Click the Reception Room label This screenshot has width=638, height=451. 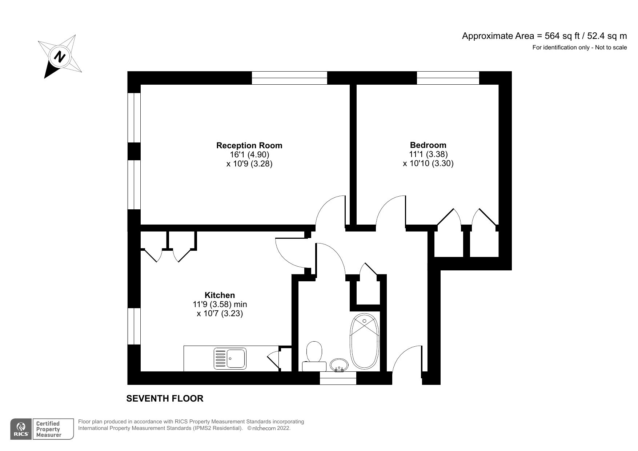(x=249, y=145)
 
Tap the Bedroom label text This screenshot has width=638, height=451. (x=428, y=145)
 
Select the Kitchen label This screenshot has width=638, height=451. (x=220, y=295)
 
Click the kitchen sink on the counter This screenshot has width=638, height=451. (x=230, y=358)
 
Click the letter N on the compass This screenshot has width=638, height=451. (x=60, y=56)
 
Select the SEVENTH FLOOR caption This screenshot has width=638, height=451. (x=165, y=398)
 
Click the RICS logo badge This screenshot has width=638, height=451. (x=21, y=429)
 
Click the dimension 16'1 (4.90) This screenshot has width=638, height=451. (x=249, y=154)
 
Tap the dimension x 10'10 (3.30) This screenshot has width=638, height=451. (x=428, y=163)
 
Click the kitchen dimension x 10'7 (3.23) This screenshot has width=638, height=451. (x=220, y=313)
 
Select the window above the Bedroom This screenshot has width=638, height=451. (x=448, y=78)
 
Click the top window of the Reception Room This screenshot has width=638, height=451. (x=289, y=78)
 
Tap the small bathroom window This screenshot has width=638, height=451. (x=338, y=378)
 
